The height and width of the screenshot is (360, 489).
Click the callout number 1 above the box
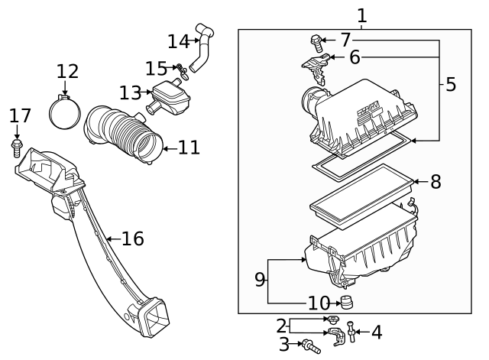coord(361,15)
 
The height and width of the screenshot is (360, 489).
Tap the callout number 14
coord(178,41)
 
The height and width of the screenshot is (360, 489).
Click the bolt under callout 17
coord(16,148)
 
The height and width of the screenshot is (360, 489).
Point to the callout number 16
coord(133,238)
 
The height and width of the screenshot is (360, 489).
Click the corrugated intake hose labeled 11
coord(123,135)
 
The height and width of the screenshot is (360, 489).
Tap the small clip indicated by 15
coord(182,71)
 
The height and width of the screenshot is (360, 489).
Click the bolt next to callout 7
coord(316,44)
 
